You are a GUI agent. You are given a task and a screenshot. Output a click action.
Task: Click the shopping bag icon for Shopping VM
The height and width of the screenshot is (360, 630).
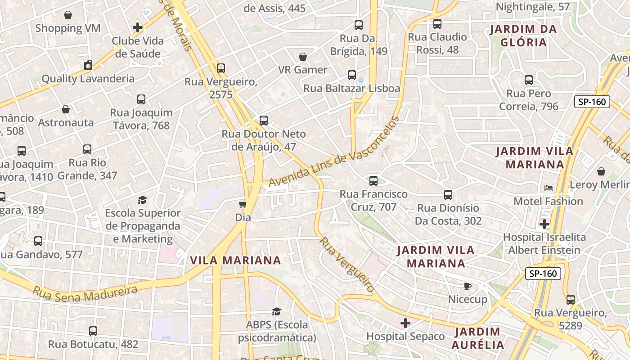[x=68, y=15]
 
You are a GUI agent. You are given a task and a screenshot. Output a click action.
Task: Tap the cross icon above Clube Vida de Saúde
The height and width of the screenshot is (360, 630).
[x=138, y=28]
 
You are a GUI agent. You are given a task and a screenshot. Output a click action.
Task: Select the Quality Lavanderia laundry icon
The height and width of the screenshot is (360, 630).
[x=88, y=66]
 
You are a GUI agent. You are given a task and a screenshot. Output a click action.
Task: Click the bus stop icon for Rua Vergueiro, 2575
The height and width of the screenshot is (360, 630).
[x=220, y=68]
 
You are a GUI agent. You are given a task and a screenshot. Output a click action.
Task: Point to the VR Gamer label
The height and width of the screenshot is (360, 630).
[x=302, y=70]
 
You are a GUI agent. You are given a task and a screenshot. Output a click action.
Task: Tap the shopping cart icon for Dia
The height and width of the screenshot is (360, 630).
[x=243, y=205]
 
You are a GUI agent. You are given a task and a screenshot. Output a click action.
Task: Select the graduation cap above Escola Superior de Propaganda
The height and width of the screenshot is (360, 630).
[x=143, y=200]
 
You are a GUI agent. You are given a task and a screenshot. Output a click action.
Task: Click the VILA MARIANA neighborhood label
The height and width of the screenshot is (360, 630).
[x=235, y=261]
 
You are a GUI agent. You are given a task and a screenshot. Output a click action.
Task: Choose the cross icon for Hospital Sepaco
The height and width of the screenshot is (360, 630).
[x=405, y=323]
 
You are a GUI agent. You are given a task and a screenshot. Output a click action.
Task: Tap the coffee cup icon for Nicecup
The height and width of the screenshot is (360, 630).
[x=468, y=287]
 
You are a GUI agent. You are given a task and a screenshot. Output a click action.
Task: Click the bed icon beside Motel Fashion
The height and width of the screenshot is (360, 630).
[x=548, y=188]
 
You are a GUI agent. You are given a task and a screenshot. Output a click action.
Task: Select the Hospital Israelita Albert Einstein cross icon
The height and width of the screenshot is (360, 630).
[x=544, y=224]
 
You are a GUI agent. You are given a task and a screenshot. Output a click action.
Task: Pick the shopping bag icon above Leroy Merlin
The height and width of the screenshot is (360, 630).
[x=601, y=172]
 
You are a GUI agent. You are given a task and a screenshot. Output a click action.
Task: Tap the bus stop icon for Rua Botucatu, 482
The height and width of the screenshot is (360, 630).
[x=93, y=331]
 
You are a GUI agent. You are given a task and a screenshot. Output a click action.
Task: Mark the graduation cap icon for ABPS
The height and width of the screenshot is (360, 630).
[x=277, y=312]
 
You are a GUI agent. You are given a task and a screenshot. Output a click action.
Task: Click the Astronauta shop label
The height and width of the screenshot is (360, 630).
[x=66, y=122]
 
